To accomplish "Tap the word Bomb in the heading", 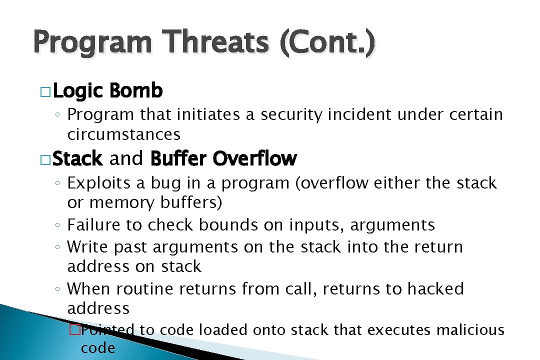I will [x=135, y=91].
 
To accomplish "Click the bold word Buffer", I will [x=178, y=159].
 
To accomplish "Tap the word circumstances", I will [x=123, y=134].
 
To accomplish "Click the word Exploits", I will [x=99, y=183].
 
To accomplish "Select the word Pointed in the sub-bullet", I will [x=108, y=330].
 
